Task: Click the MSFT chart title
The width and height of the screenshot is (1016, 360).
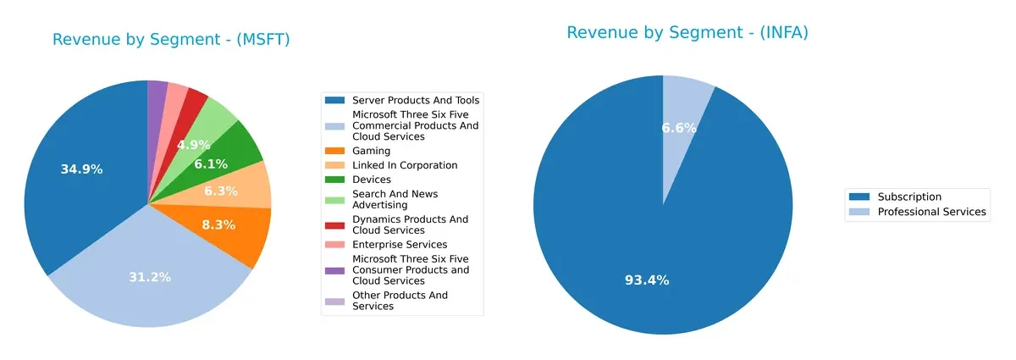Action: pos(171,40)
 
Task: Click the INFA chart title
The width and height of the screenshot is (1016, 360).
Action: pos(687,33)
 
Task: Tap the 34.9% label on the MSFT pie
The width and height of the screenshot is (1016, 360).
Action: pos(81,169)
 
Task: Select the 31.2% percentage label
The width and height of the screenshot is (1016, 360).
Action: pos(149,277)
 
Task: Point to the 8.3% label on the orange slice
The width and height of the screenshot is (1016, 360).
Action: pos(219,225)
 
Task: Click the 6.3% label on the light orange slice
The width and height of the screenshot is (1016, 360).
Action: pos(220,191)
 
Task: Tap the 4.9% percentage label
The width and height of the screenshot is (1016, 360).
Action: pos(192,145)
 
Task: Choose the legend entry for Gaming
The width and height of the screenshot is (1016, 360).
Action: pos(372,151)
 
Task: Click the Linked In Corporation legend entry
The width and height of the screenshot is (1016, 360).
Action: pos(405,165)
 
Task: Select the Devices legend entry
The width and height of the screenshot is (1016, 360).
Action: pos(371,180)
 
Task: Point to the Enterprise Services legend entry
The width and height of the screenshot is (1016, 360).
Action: pos(400,245)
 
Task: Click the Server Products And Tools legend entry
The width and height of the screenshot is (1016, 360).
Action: pos(416,100)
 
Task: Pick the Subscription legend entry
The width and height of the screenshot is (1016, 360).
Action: pos(909,197)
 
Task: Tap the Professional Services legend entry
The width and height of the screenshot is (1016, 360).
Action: pos(931,212)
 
